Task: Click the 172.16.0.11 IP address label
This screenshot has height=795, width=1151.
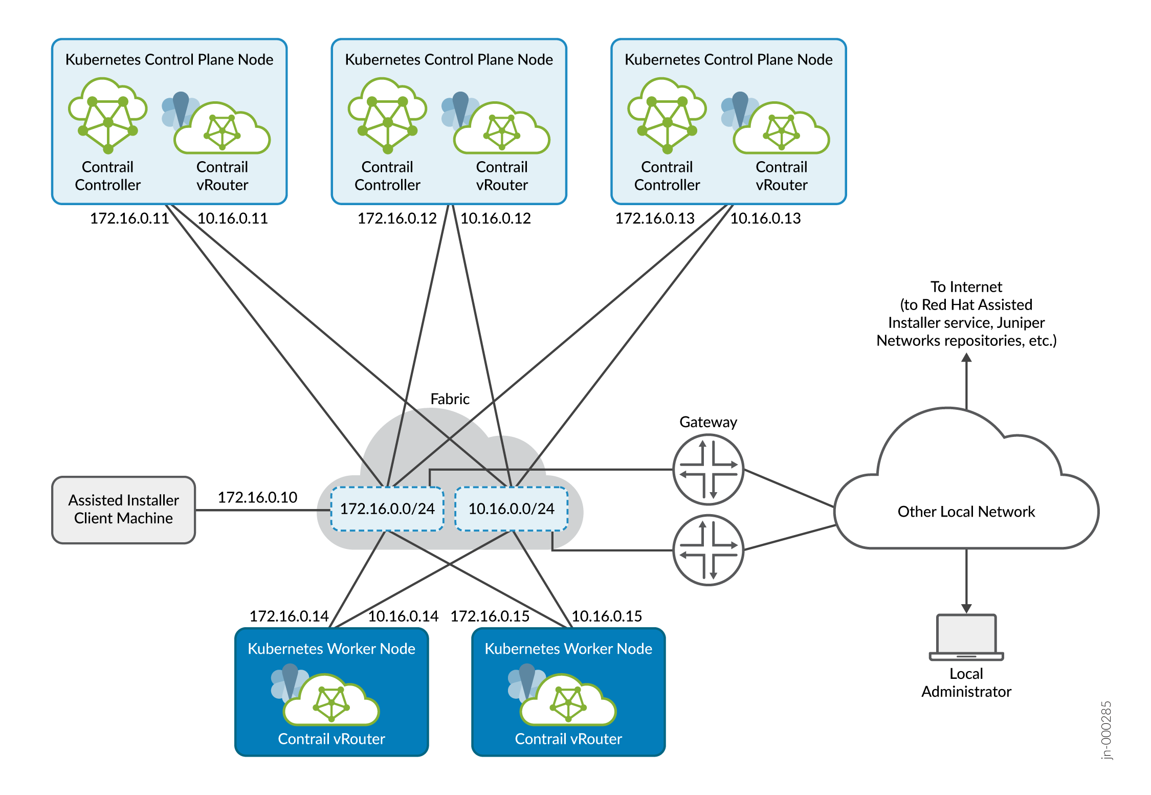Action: tap(129, 218)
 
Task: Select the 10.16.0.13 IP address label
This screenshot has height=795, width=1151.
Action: tap(765, 218)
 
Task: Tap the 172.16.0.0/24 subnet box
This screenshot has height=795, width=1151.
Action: tap(387, 509)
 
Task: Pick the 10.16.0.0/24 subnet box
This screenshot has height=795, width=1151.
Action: tap(512, 509)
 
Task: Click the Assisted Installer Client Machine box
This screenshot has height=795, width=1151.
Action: tap(123, 510)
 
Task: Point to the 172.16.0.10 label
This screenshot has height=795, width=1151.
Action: tap(257, 497)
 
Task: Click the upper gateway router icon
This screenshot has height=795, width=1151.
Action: tap(708, 469)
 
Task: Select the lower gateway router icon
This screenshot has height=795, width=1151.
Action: tap(708, 550)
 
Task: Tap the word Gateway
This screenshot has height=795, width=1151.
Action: tap(708, 422)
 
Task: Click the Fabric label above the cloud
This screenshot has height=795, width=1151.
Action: tap(450, 399)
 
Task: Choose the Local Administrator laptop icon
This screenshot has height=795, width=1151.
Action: tap(966, 637)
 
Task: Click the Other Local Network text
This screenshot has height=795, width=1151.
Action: tap(966, 512)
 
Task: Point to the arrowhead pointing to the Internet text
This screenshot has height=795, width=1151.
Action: tap(966, 358)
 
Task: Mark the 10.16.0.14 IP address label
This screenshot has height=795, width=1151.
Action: tap(403, 616)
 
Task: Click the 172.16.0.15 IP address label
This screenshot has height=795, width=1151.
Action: tap(490, 616)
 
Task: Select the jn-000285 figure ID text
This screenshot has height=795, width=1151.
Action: tap(1106, 730)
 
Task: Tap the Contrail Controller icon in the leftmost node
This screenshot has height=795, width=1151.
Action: tap(108, 115)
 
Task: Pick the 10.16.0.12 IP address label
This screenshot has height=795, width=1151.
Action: tap(495, 218)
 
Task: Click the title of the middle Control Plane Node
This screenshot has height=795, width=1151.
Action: tap(449, 60)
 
